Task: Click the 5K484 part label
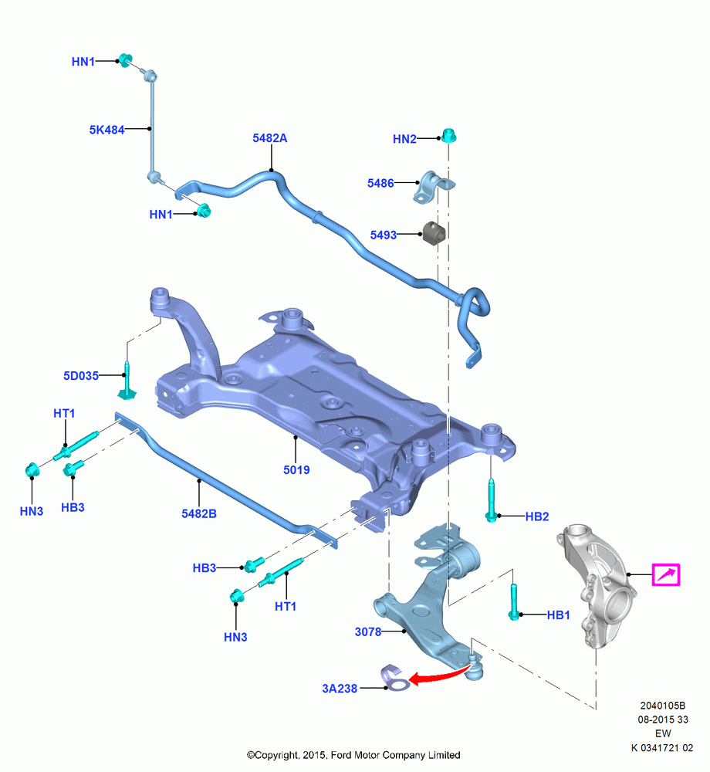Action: [106, 130]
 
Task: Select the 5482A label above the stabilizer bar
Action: [269, 138]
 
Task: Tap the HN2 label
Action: [404, 139]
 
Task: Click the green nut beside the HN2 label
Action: [448, 135]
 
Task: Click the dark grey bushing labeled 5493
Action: [434, 232]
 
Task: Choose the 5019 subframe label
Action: [296, 470]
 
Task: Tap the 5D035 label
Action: [81, 376]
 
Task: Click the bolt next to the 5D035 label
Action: [127, 381]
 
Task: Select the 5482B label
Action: [199, 514]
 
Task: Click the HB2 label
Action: [537, 517]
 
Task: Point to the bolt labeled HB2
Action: [491, 499]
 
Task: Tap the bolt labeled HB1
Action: [514, 602]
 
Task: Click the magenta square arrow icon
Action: [666, 574]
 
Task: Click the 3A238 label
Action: [340, 689]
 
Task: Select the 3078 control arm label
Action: [368, 632]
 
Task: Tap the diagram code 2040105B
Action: [662, 706]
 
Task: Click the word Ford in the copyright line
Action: [340, 755]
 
